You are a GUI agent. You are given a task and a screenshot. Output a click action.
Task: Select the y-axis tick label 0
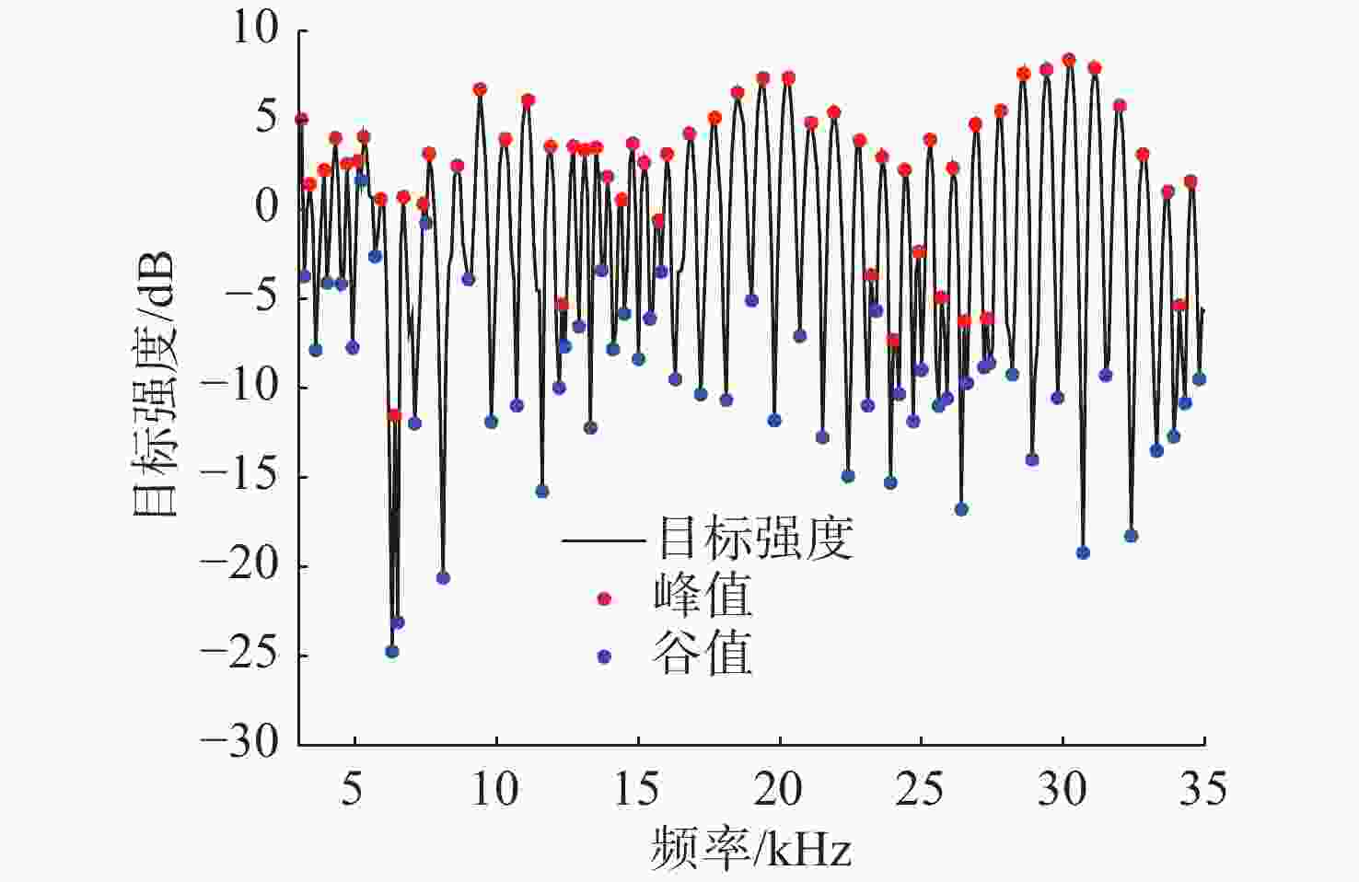[267, 206]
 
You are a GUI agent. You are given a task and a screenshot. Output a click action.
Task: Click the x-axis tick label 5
[352, 788]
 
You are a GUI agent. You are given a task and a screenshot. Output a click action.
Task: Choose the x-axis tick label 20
[778, 788]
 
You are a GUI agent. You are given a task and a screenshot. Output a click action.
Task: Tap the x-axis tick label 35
[1203, 788]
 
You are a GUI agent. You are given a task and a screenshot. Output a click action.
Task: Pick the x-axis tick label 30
[1062, 788]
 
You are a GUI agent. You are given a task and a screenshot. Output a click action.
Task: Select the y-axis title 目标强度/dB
[154, 385]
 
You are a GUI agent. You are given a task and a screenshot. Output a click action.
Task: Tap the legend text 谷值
[703, 654]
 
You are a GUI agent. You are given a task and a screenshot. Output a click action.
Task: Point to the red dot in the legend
[604, 598]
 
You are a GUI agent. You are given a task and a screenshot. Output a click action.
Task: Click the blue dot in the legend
[604, 656]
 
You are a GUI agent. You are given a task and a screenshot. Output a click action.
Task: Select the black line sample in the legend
[603, 540]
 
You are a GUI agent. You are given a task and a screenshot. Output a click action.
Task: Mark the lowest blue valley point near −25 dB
[392, 652]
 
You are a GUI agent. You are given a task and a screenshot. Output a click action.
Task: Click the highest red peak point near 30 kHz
[1068, 60]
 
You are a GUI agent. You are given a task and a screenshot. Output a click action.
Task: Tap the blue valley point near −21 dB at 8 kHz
[443, 577]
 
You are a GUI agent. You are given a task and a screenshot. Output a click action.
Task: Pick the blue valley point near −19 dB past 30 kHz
[1083, 552]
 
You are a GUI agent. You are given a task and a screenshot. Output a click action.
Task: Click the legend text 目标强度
[755, 538]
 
